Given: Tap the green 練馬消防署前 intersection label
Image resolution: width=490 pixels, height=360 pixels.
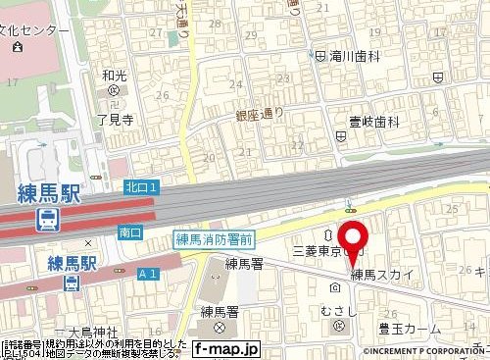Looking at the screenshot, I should point(214,238).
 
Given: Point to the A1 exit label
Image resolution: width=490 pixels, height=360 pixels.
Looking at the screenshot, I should point(148,275).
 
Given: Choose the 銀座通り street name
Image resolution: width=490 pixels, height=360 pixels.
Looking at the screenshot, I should point(260,114).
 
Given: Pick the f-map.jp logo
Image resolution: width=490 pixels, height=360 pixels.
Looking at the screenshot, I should point(224,347).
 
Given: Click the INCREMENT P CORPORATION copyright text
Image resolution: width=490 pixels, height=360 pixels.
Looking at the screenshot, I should point(424,351).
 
